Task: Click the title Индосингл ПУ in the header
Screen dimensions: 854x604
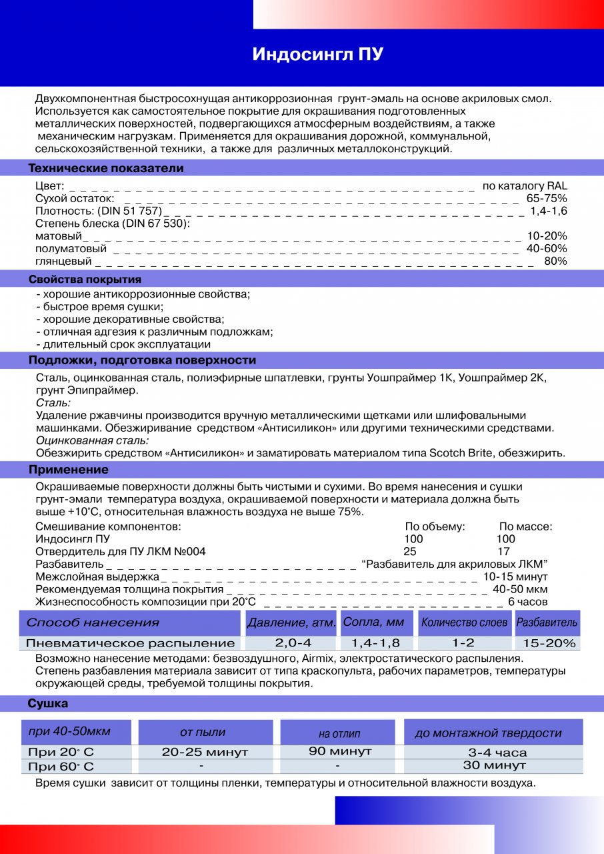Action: coord(317,55)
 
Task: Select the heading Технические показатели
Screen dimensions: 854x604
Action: coord(106,168)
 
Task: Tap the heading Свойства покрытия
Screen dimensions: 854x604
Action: coord(85,279)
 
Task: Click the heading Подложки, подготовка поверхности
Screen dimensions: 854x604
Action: coord(142,360)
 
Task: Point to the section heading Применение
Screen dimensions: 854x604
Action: coord(69,470)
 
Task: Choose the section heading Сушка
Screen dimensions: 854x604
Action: coord(48,703)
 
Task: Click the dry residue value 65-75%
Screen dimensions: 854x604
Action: coord(547,199)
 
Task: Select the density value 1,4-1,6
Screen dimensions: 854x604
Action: coord(549,211)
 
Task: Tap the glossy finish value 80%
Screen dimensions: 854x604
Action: coord(555,262)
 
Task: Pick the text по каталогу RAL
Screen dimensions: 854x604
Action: coord(525,186)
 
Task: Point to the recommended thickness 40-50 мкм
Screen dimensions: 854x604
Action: coord(520,589)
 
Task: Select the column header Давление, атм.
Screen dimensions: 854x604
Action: coord(291,623)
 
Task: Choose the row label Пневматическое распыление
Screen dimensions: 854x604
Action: coord(130,643)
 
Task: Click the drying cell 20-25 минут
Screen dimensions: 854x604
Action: coord(205,752)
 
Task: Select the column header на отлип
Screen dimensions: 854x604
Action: coord(339,733)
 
